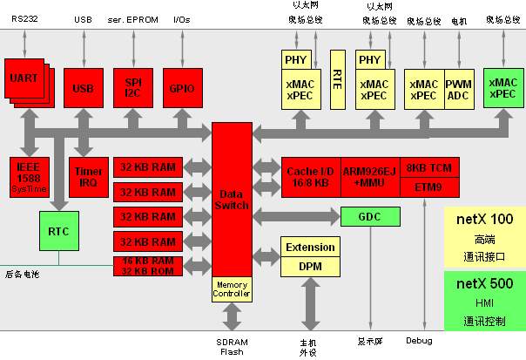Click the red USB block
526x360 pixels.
pyautogui.click(x=84, y=89)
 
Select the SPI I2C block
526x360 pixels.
pyautogui.click(x=132, y=88)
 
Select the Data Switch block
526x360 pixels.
pyautogui.click(x=231, y=199)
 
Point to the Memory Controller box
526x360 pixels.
pyautogui.click(x=231, y=289)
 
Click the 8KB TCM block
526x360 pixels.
pyautogui.click(x=428, y=167)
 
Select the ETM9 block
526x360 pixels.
pyautogui.click(x=428, y=187)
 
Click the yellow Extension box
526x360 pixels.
pyautogui.click(x=310, y=248)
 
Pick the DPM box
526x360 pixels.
pyautogui.click(x=310, y=267)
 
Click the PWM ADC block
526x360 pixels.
pyautogui.click(x=458, y=89)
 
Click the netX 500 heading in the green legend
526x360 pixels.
pyautogui.click(x=484, y=283)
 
